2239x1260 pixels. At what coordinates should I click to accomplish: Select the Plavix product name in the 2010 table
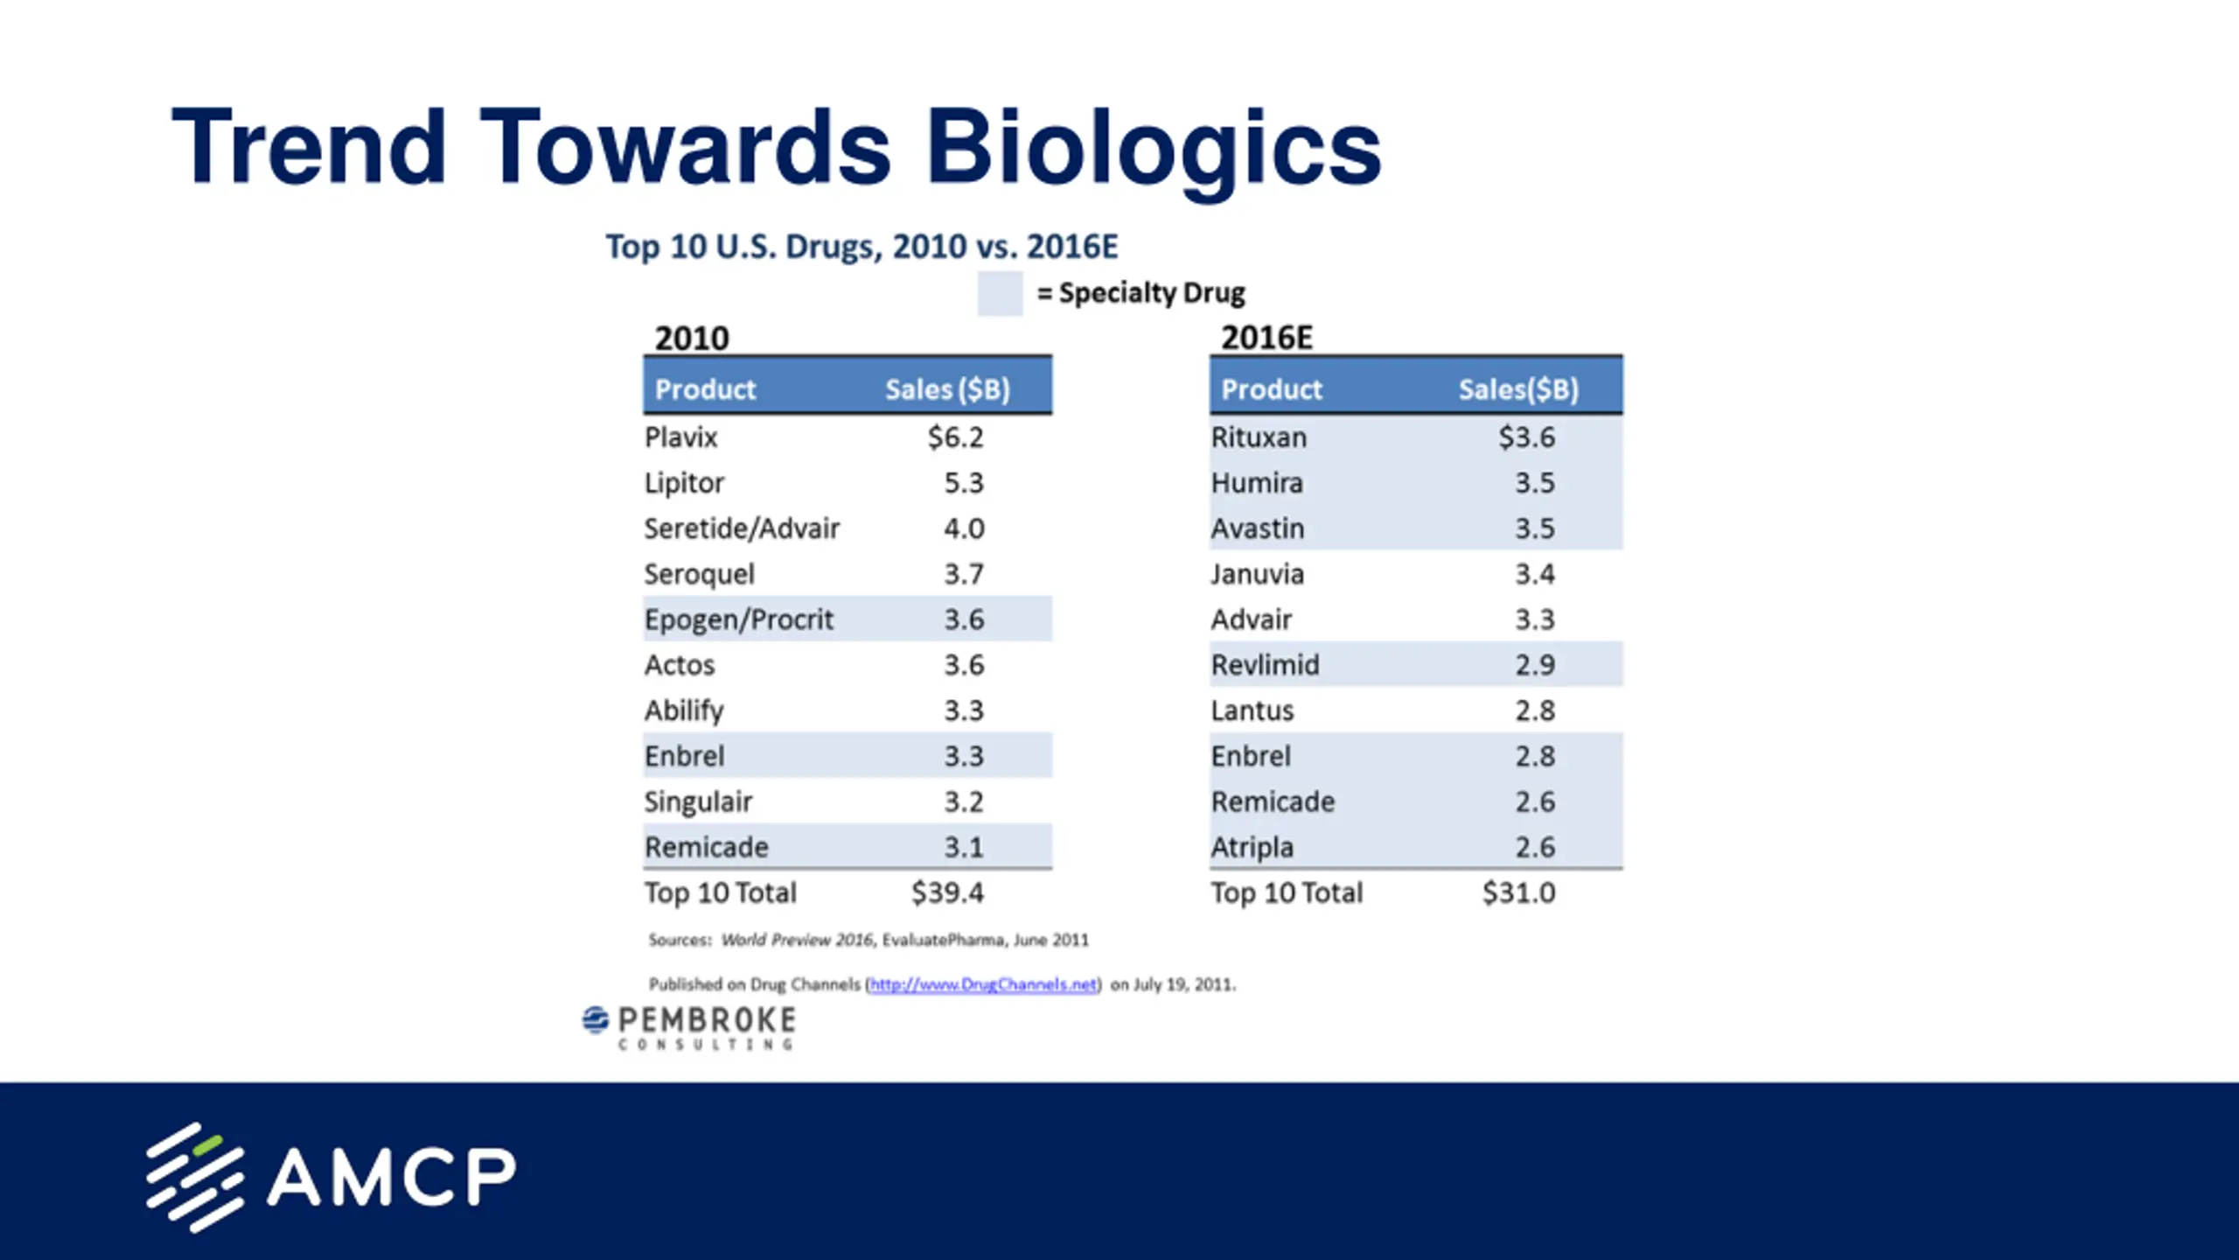[680, 437]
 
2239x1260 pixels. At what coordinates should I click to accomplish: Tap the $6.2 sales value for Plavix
[955, 437]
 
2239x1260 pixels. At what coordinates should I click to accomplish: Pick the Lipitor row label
[684, 482]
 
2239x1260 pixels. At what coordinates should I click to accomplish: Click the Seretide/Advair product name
[742, 528]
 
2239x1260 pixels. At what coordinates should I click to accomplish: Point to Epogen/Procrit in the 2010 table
[738, 619]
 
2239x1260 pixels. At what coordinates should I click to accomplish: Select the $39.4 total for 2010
[947, 892]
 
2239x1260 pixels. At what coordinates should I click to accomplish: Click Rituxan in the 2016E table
[1259, 437]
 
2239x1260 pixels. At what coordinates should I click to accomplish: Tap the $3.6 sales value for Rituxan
[1526, 437]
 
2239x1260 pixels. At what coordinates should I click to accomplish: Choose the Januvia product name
[1257, 574]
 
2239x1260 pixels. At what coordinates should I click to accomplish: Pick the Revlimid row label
[1265, 665]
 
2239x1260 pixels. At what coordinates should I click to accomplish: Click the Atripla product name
[1252, 847]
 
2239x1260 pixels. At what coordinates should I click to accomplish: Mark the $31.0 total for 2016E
[1518, 892]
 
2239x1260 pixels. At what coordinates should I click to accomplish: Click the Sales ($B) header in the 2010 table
[947, 388]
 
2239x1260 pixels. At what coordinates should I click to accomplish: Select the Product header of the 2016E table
[1272, 388]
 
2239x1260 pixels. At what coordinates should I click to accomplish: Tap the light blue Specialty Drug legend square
[1000, 293]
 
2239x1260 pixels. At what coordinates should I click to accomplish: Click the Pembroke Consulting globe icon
[596, 1020]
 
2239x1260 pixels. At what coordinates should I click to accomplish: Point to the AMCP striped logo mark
[194, 1177]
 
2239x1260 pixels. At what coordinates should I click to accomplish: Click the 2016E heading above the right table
[1266, 338]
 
